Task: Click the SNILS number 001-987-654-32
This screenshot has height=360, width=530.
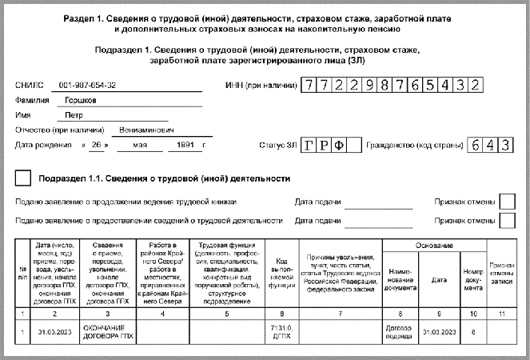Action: [x=88, y=84]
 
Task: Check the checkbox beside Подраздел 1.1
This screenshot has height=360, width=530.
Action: [x=24, y=178]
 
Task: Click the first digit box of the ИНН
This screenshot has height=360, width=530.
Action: [x=309, y=84]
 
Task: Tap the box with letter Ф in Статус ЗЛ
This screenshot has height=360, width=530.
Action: [x=341, y=146]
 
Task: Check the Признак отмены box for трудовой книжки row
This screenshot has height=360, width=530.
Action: [x=506, y=202]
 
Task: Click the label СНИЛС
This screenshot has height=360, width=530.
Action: [x=26, y=84]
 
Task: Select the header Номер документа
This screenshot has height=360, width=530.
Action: [x=473, y=281]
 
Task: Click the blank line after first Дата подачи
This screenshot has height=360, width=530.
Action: [x=378, y=202]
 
